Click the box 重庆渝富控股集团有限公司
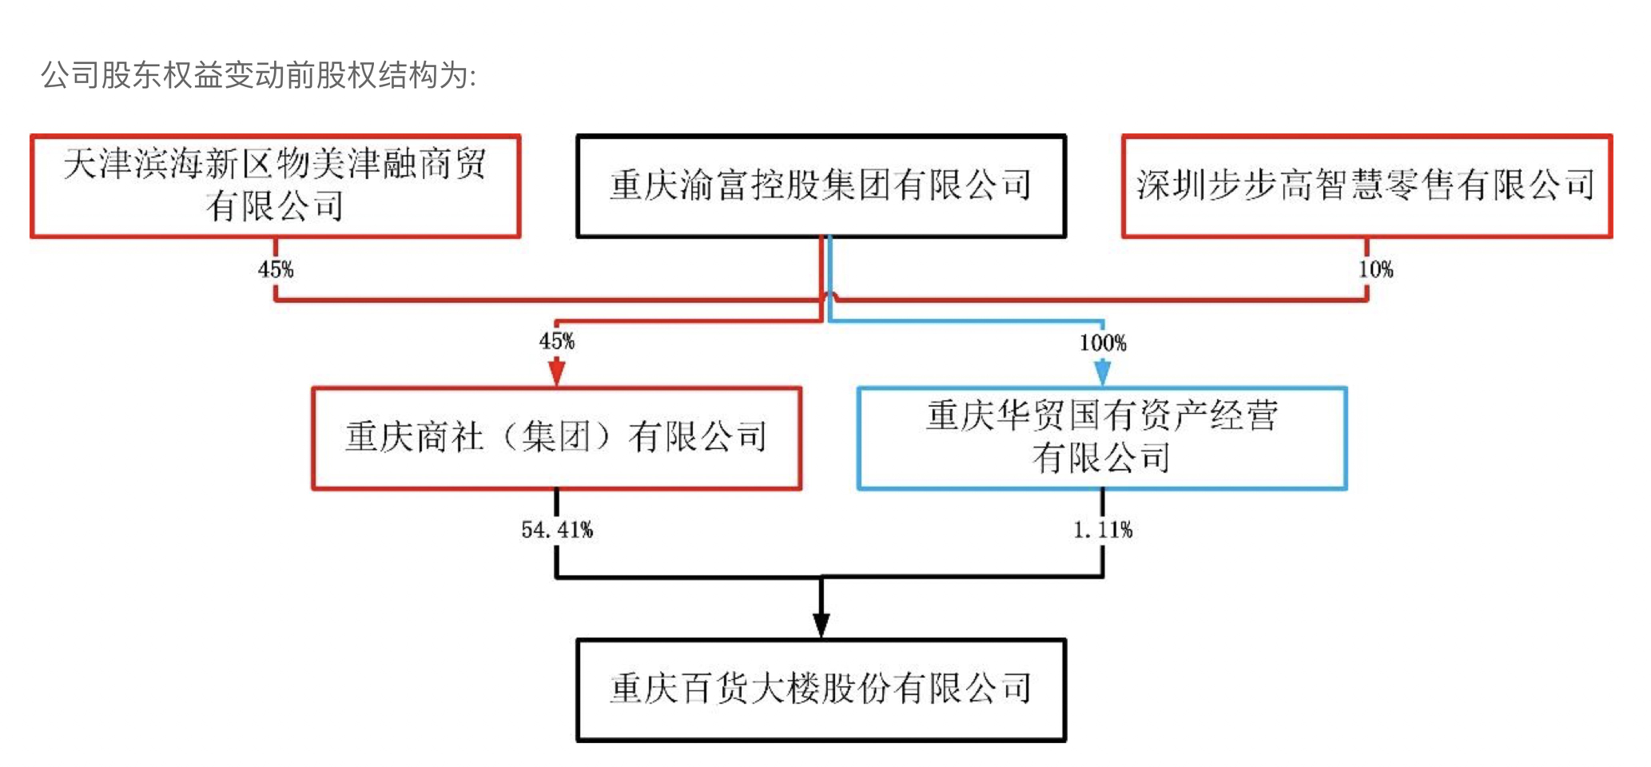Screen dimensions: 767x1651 click(x=821, y=186)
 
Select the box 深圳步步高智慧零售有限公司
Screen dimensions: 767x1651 click(x=1367, y=186)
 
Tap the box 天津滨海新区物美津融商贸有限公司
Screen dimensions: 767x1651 click(x=276, y=186)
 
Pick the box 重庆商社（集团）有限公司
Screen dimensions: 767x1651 click(x=556, y=438)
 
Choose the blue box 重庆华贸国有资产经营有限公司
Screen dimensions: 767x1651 click(x=1102, y=438)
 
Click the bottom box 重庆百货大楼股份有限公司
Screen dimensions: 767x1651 click(x=821, y=690)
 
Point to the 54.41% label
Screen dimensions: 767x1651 click(x=557, y=530)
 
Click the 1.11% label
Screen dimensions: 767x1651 click(x=1103, y=530)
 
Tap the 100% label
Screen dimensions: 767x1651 click(x=1103, y=343)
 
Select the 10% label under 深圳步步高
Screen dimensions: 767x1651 click(x=1375, y=269)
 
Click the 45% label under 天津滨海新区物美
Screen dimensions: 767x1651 click(x=276, y=269)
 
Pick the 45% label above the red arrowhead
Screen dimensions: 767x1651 click(x=557, y=341)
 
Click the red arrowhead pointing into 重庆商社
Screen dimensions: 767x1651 click(x=557, y=372)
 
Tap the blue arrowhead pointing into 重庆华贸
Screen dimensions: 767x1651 click(x=1103, y=372)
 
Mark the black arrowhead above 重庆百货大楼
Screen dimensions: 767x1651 click(x=821, y=624)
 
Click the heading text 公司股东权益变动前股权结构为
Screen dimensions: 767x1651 click(x=258, y=76)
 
